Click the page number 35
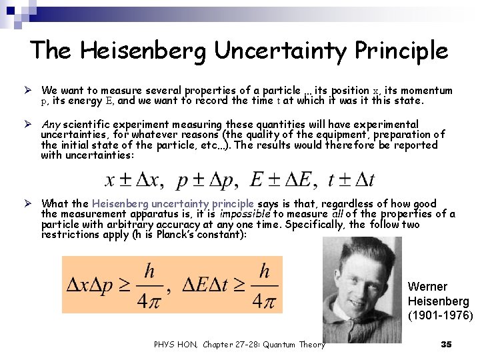coord(447,344)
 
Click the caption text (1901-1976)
coord(440,315)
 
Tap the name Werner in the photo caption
coord(427,286)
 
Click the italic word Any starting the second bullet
coord(51,124)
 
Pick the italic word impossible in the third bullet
coord(243,214)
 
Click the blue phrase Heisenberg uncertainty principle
coord(173,204)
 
